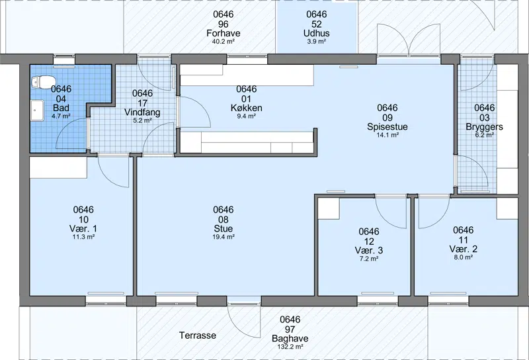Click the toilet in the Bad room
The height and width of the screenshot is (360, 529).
[x=43, y=82]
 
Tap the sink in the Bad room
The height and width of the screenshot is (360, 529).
[x=38, y=110]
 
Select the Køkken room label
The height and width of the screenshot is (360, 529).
[x=246, y=108]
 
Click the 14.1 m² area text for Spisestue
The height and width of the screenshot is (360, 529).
[x=387, y=135]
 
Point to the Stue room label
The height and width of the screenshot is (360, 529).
[x=224, y=228]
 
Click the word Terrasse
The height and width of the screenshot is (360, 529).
[x=198, y=336]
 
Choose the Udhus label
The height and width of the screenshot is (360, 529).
[x=317, y=33]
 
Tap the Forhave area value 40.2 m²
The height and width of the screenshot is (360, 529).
[x=224, y=42]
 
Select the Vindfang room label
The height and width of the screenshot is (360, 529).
[x=142, y=112]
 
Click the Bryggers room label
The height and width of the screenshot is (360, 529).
[x=485, y=126]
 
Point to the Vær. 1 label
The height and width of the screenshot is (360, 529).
[x=83, y=228]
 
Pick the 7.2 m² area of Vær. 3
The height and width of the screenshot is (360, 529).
[x=369, y=259]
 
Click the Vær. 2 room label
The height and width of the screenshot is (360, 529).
[x=464, y=249]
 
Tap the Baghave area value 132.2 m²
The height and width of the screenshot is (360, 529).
[x=290, y=347]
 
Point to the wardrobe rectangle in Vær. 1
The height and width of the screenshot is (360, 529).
[x=58, y=167]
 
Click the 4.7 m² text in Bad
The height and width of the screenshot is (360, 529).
[x=61, y=116]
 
